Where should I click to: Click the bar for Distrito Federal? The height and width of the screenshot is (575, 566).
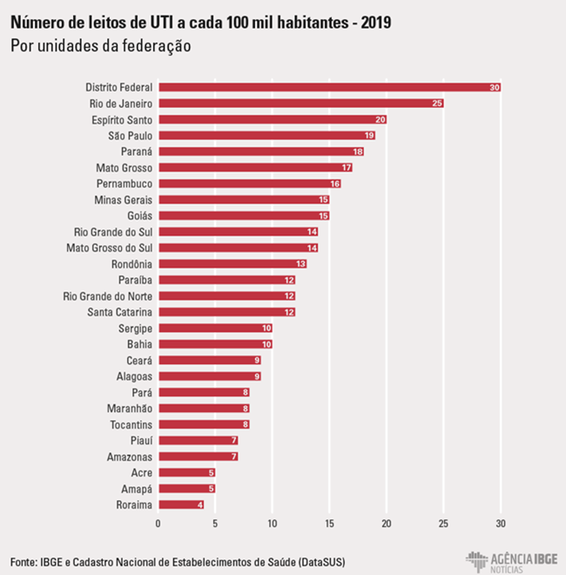click(x=329, y=87)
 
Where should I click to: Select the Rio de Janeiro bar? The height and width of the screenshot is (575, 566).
click(x=300, y=103)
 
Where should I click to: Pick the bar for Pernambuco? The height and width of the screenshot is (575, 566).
click(x=249, y=183)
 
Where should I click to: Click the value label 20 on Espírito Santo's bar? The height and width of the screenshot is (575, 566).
click(x=381, y=119)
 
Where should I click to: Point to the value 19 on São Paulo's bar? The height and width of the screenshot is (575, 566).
click(x=369, y=135)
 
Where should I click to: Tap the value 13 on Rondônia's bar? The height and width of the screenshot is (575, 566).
click(x=300, y=263)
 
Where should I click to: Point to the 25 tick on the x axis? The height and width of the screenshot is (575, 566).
click(x=443, y=523)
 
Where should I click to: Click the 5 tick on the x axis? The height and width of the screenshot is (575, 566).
click(x=215, y=523)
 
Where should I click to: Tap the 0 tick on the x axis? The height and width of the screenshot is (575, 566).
click(x=158, y=523)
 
